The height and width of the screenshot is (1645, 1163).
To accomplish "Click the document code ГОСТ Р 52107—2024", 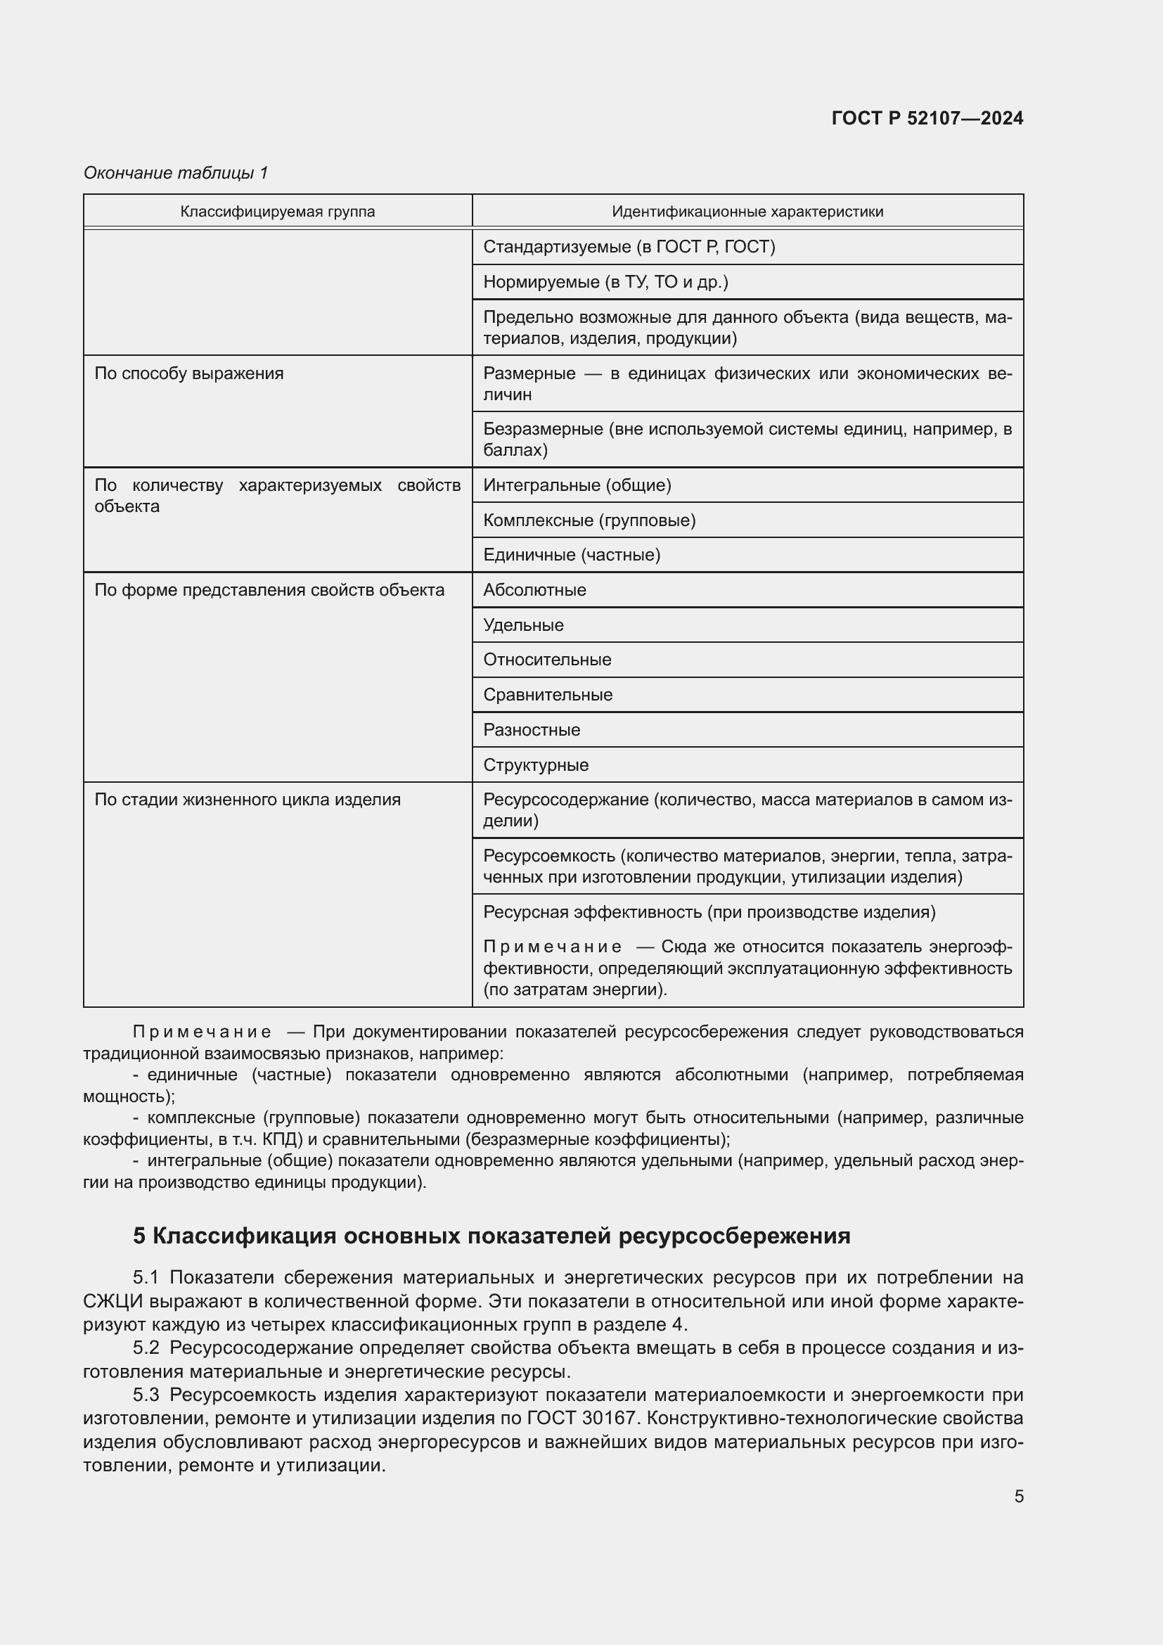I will click(927, 118).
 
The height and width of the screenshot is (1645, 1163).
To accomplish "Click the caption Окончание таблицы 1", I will click(176, 173).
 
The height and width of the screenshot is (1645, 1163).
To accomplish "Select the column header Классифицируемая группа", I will click(277, 212).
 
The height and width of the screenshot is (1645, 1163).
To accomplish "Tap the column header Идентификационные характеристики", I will click(747, 212).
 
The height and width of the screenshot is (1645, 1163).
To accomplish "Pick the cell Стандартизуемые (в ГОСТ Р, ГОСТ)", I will click(629, 247).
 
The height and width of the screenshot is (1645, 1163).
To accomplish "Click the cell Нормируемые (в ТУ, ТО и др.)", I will click(605, 282).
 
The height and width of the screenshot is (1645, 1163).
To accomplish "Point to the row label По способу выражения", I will click(189, 373).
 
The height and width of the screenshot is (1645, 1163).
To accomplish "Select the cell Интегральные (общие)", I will click(577, 486).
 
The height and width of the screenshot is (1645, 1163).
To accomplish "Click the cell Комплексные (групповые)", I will click(589, 520).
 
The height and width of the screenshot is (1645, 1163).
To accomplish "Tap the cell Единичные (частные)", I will click(572, 556).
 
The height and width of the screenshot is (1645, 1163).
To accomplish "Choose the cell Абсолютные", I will click(534, 590).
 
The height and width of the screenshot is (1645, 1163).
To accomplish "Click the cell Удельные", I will click(524, 625).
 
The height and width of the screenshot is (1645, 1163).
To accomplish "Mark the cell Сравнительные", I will click(548, 695).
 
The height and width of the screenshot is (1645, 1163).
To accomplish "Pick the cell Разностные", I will click(532, 730).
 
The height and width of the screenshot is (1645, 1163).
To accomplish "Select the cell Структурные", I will click(536, 765).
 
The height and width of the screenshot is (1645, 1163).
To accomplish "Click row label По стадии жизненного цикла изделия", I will click(247, 800).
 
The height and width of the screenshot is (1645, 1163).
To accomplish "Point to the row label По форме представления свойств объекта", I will click(269, 590).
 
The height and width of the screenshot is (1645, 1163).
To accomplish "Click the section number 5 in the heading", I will click(139, 1236).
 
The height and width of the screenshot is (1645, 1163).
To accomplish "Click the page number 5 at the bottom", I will click(1018, 1496).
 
